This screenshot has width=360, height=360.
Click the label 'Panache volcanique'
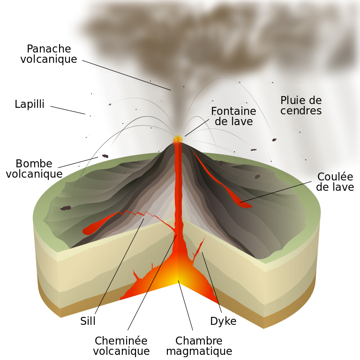[49, 54]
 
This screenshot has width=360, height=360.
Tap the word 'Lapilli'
[30, 105]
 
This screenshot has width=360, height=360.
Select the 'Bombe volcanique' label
[34, 169]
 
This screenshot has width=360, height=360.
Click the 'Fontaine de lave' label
[233, 116]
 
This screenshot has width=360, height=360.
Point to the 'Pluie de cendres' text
[301, 105]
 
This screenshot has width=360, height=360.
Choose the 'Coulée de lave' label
[335, 182]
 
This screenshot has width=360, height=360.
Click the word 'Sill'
[88, 322]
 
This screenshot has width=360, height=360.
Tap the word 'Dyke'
[223, 322]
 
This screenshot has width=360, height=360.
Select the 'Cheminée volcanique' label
[121, 346]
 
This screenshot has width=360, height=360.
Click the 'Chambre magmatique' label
[199, 346]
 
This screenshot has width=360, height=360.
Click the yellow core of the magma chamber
[178, 277]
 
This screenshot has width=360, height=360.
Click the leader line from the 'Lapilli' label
[68, 110]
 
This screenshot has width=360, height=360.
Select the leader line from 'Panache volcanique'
[127, 75]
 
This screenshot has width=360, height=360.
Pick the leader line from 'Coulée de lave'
[277, 192]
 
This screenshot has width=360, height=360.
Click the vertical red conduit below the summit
[178, 187]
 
